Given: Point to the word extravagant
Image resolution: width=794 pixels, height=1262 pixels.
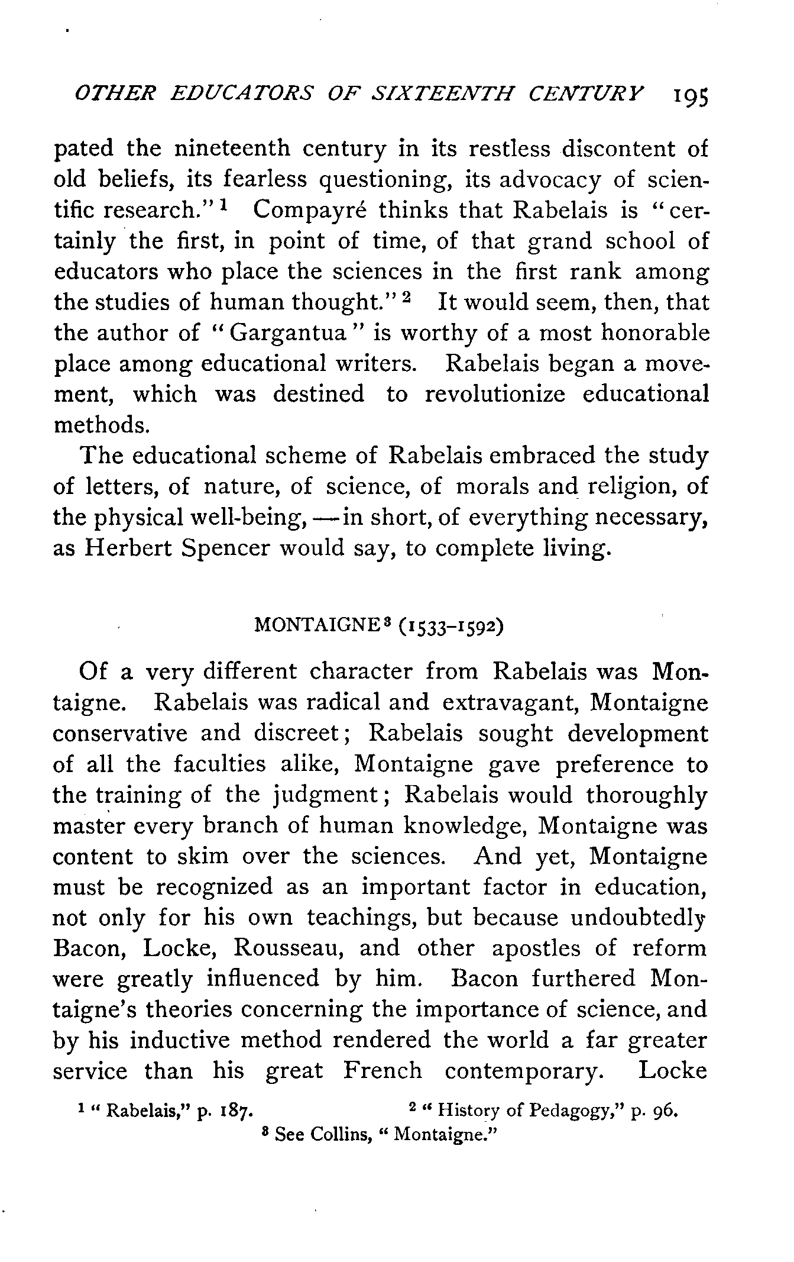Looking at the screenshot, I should click(x=510, y=702).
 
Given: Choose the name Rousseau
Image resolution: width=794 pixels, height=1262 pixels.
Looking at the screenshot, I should click(x=288, y=948).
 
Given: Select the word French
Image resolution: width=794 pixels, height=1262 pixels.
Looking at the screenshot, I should click(x=383, y=1071).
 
